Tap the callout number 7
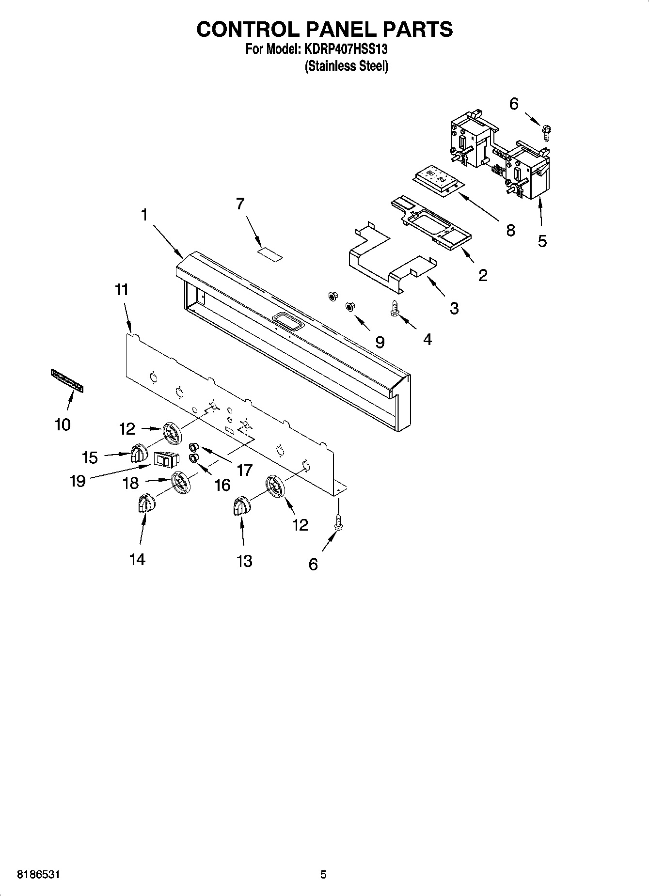tap(240, 204)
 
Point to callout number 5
tap(542, 240)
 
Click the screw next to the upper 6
tap(547, 131)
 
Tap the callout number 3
tap(454, 308)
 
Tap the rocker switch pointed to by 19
tap(166, 459)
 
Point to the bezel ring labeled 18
tap(180, 483)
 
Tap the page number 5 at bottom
tap(323, 875)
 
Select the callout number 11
tap(122, 290)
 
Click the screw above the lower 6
tap(338, 522)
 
